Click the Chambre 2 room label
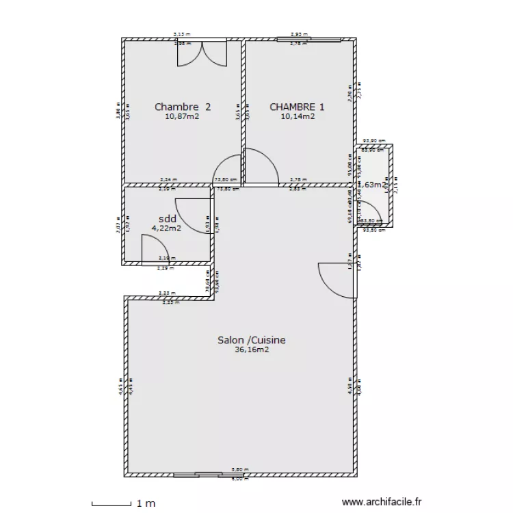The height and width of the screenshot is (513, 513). [x=182, y=107]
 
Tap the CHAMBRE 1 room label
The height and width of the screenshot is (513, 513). [x=297, y=107]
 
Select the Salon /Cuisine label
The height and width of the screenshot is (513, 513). [x=251, y=340]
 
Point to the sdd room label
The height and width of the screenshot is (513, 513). [x=167, y=219]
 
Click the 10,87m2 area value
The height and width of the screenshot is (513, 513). [x=182, y=116]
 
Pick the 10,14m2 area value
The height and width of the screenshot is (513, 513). [x=298, y=116]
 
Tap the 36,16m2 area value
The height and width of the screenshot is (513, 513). [x=251, y=350]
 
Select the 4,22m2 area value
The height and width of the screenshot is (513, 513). [x=166, y=228]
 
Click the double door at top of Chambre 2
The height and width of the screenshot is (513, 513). [x=202, y=55]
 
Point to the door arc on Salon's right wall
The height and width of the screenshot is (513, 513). [x=335, y=280]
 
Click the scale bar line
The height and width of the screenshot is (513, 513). [x=111, y=504]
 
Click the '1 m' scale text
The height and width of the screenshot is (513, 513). [x=146, y=503]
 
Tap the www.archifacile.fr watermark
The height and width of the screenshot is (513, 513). [x=382, y=503]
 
